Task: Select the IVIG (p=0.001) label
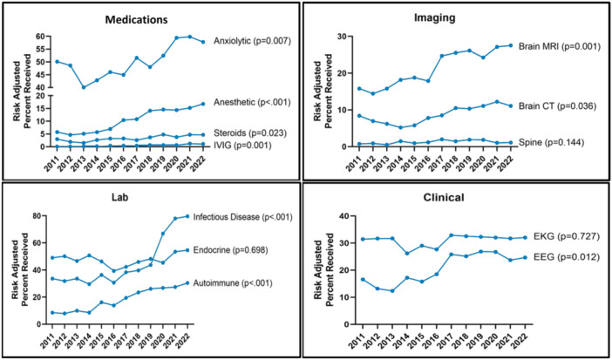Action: pos(238,145)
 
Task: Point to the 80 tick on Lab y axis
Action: pos(38,215)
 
